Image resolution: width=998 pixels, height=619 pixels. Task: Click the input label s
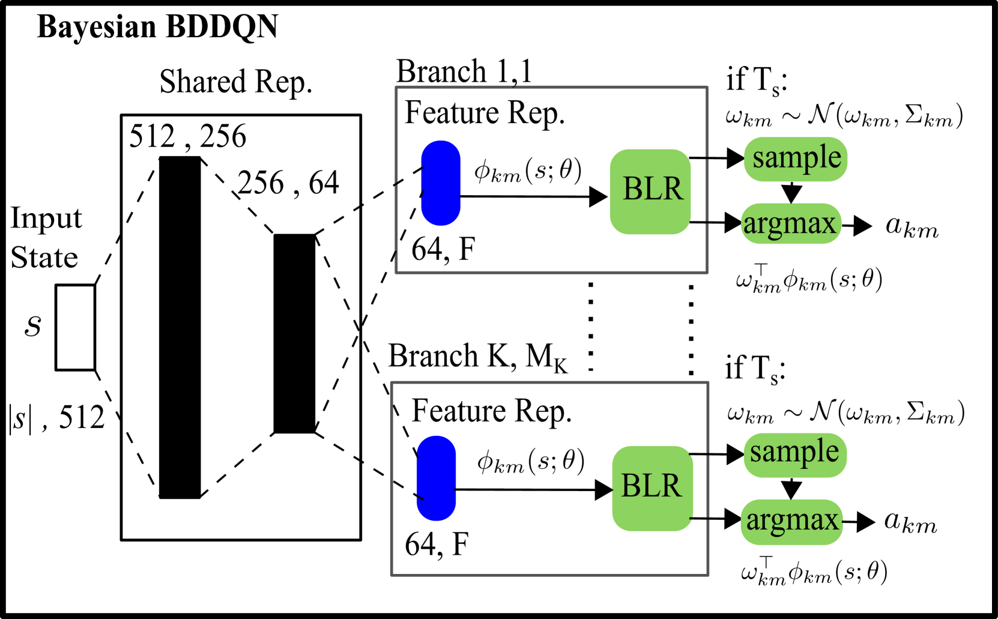(x=32, y=326)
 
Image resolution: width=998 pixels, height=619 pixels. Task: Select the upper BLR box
(x=651, y=191)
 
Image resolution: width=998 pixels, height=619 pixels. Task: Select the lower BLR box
(x=652, y=488)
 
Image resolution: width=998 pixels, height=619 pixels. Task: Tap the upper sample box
(x=796, y=159)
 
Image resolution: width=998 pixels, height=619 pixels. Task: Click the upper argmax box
(x=790, y=224)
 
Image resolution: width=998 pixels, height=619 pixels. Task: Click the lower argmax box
(x=791, y=521)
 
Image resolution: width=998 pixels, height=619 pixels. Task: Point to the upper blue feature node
(x=441, y=183)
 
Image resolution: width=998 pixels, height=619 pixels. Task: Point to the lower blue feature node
(x=437, y=478)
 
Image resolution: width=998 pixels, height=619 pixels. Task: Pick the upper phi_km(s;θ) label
(x=528, y=169)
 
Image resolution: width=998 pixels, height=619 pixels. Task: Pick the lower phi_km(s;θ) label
(x=531, y=460)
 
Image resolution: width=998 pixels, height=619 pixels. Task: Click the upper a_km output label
(x=912, y=227)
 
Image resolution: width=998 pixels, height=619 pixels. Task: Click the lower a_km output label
(x=910, y=521)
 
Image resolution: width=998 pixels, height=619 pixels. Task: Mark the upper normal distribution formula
(x=844, y=115)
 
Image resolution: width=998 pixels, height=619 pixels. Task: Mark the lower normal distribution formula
(x=846, y=412)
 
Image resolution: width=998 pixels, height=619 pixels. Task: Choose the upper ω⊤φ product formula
(x=809, y=277)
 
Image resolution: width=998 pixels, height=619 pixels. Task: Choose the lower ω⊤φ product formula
(x=814, y=570)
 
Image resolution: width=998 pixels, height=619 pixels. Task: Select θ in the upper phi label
(x=566, y=169)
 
